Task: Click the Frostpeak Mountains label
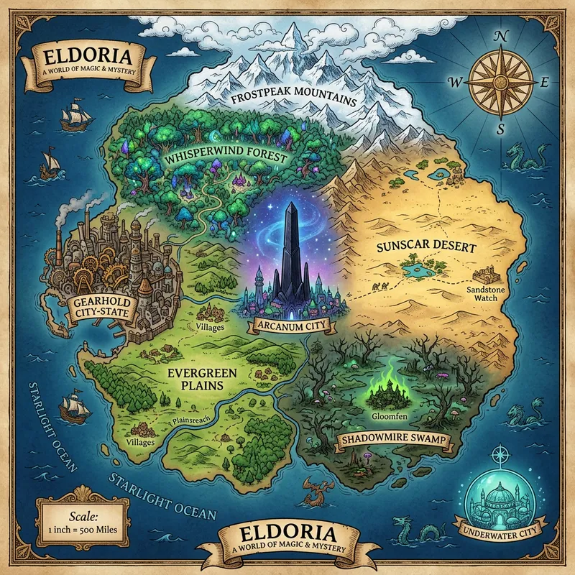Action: [296, 98]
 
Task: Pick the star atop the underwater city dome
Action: [498, 454]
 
